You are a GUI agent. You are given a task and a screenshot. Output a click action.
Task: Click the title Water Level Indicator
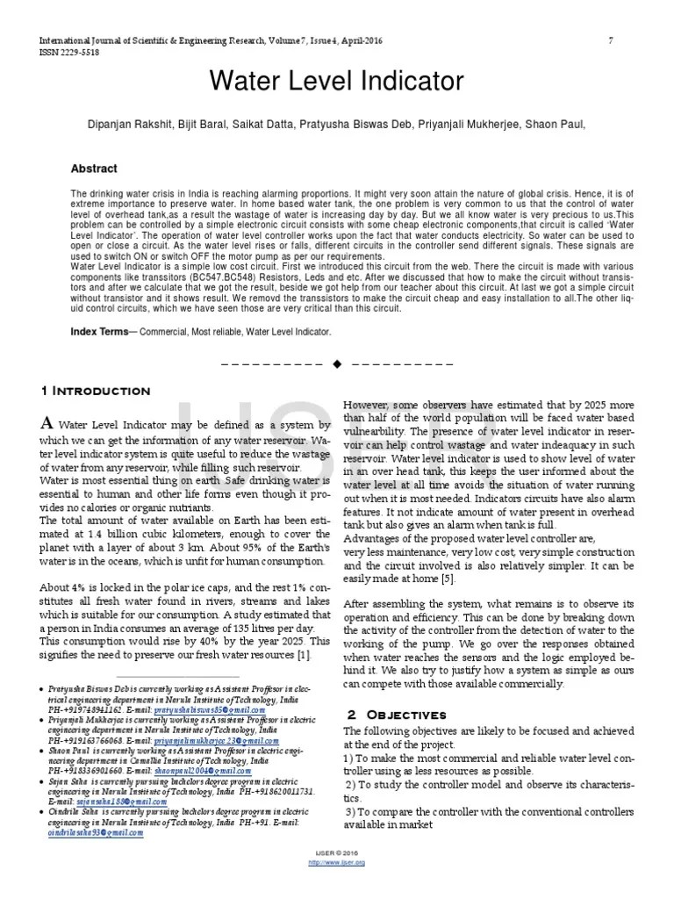click(x=337, y=82)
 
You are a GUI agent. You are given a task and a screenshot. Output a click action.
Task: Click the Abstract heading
click(x=94, y=169)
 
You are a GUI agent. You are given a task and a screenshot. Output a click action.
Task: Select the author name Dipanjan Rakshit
click(x=128, y=126)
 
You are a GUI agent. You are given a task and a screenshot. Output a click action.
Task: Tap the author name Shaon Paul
click(x=556, y=126)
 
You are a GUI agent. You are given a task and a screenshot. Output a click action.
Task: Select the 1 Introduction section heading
click(x=96, y=390)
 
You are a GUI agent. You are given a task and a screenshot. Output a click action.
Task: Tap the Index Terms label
click(x=99, y=332)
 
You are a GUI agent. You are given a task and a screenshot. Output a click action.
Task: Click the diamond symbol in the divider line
click(x=336, y=363)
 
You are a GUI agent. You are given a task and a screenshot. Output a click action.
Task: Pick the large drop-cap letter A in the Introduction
click(x=48, y=423)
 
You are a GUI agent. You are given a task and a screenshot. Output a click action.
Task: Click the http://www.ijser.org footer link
click(x=337, y=862)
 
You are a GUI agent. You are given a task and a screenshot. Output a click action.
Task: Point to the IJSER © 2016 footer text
click(x=337, y=853)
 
